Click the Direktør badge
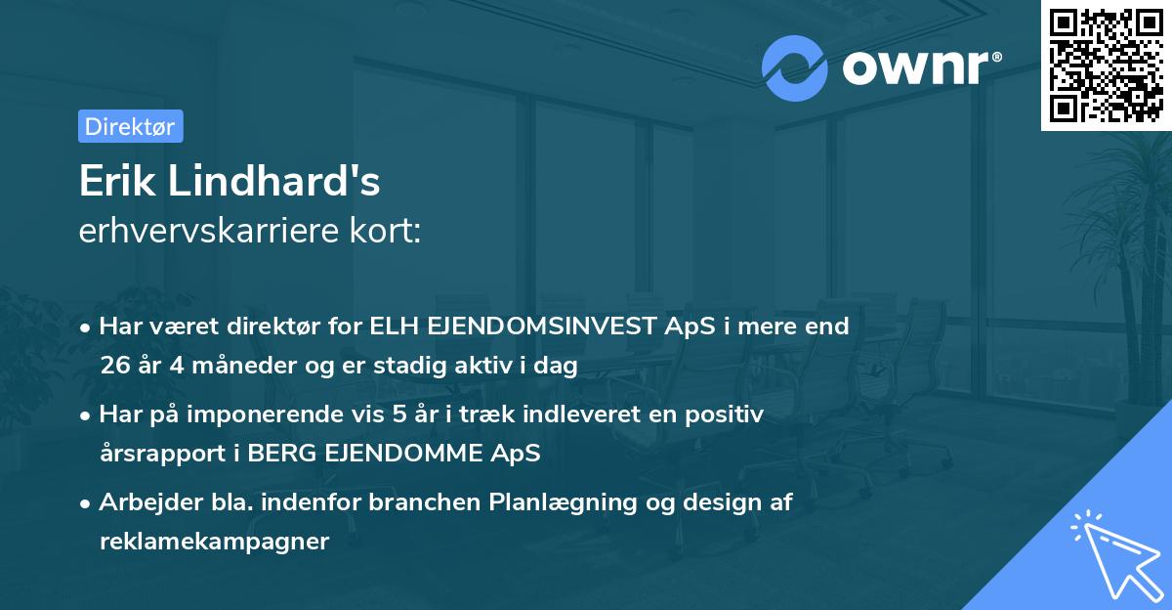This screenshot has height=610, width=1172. point(130,126)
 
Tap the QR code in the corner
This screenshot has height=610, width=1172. point(1106,65)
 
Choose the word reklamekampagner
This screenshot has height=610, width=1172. point(214,542)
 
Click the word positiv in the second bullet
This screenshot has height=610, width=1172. point(728,414)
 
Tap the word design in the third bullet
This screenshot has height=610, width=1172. point(729,502)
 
